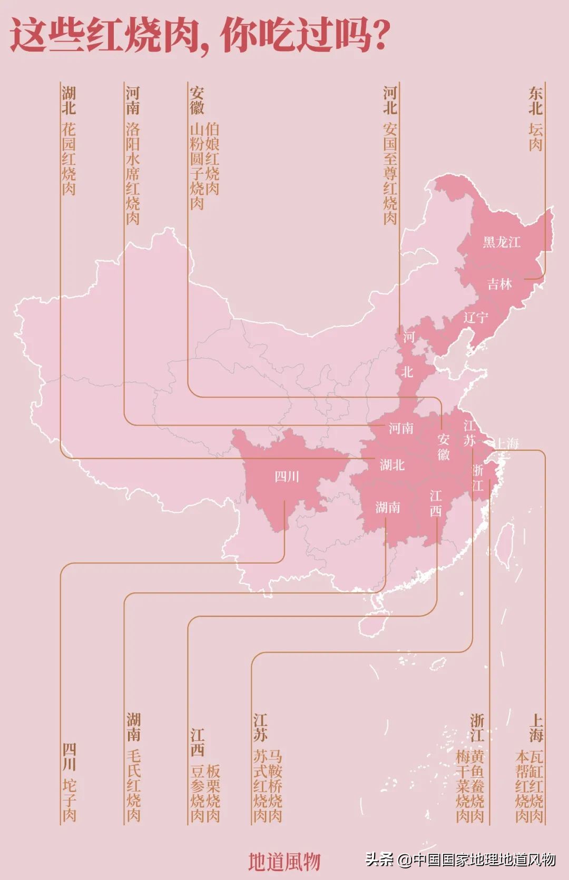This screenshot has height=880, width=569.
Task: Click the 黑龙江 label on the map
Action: point(502,242)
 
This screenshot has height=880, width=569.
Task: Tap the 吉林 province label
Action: point(499,284)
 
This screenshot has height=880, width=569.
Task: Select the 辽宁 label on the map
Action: point(476,318)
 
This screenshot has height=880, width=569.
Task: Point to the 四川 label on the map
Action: point(287,477)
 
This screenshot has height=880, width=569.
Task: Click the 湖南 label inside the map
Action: point(388,508)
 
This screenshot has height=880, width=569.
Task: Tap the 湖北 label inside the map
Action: point(392,464)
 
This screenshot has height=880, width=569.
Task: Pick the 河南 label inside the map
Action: point(401,429)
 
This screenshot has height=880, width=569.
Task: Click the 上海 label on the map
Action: point(506,443)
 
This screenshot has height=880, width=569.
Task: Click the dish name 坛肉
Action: point(536,137)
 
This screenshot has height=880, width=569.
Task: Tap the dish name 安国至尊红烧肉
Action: point(390,174)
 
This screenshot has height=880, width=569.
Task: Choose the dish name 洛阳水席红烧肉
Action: point(133,174)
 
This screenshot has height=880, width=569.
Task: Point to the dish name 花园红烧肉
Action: point(69,159)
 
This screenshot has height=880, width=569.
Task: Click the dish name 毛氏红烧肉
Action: point(133,785)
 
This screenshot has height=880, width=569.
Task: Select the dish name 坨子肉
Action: point(69,800)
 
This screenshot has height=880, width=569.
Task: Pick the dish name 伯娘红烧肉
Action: point(212,159)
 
